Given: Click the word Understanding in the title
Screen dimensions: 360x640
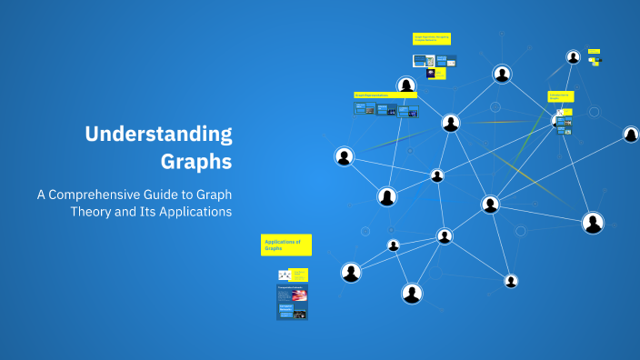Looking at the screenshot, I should click(158, 135).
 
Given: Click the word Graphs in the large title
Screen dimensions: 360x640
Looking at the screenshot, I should click(196, 162).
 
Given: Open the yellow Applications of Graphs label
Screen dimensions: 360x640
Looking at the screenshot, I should click(286, 245).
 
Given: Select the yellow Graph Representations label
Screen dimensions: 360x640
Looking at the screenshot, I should click(385, 95).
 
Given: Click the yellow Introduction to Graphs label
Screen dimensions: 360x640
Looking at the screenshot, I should click(560, 96).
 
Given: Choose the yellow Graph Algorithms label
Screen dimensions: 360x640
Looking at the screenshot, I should click(432, 39).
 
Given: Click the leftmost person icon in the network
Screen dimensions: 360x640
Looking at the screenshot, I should click(344, 156).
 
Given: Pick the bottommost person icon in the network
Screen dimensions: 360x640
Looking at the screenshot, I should click(412, 293).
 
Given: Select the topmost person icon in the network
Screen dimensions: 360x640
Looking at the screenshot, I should click(573, 56).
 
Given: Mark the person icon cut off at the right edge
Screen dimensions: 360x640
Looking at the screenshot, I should click(631, 135).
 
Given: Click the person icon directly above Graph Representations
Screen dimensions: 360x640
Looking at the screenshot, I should click(406, 85).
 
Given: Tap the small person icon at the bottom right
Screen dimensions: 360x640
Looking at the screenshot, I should click(511, 281).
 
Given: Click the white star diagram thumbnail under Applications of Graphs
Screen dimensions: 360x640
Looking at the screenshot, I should click(285, 275).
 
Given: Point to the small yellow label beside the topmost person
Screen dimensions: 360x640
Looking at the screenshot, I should click(594, 51).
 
